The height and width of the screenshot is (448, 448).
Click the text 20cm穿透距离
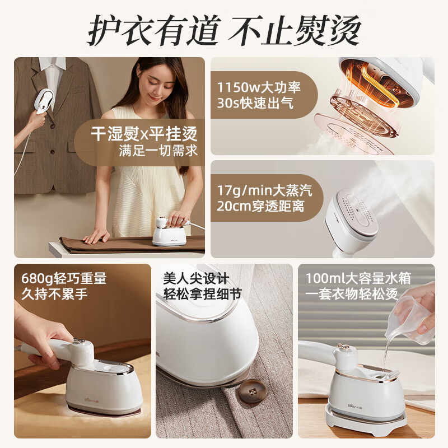(262, 207)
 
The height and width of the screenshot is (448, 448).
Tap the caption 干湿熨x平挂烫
(144, 134)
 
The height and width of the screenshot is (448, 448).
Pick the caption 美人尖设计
(196, 278)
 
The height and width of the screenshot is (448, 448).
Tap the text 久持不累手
(55, 294)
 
